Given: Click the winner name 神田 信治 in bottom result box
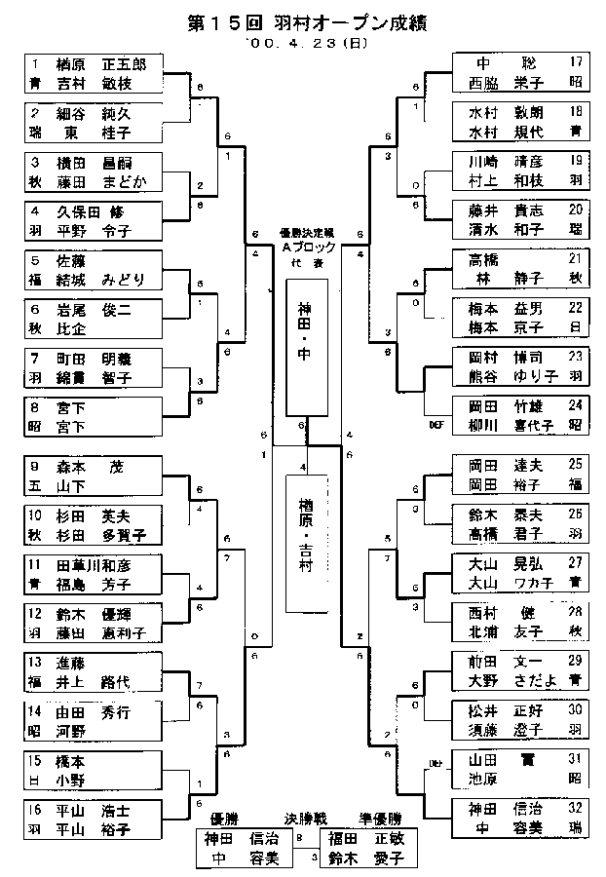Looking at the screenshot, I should pos(236,837).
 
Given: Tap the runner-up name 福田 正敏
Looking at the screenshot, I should pos(363,837).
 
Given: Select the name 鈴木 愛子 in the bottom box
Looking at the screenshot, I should pos(363,858).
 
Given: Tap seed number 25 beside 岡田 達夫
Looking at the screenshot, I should pos(576,464).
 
